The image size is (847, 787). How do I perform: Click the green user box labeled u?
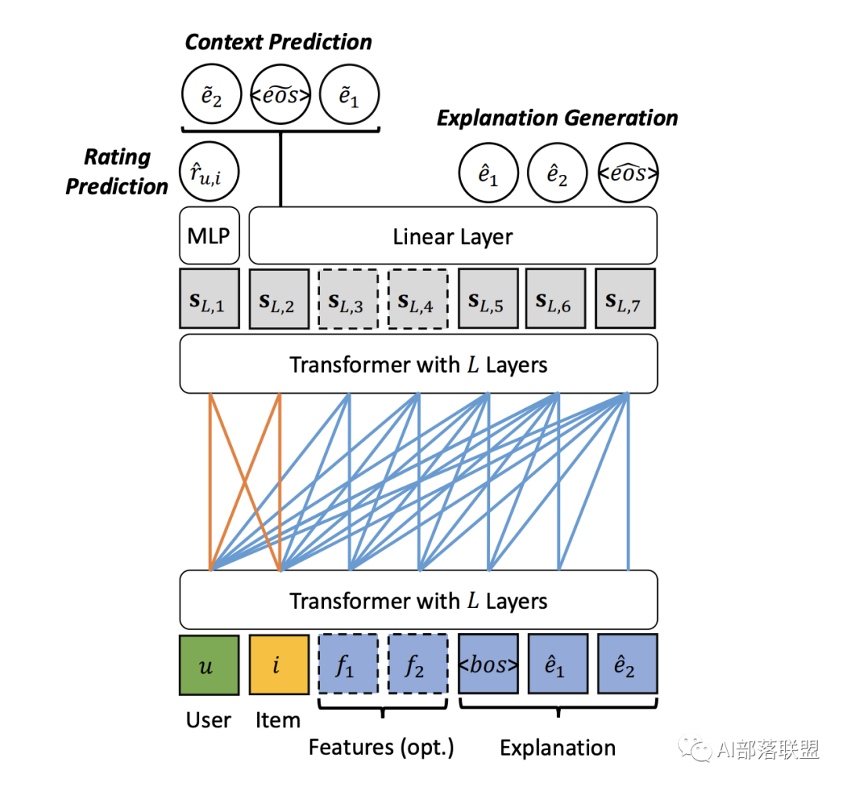[x=209, y=665]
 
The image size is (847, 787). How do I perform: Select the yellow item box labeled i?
[x=278, y=665]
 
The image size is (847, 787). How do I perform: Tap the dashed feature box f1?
[x=348, y=665]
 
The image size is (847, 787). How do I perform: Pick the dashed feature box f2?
[x=418, y=665]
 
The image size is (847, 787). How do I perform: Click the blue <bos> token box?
[x=488, y=665]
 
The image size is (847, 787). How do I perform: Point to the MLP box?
[x=210, y=235]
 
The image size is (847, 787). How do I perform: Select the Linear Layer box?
[x=453, y=235]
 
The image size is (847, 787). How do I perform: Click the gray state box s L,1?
[x=209, y=299]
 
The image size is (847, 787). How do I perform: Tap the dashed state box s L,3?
[x=348, y=299]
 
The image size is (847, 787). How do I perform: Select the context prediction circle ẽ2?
[x=211, y=96]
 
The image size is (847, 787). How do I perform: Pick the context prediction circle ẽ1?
[x=350, y=96]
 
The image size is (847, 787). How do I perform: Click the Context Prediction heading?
[x=278, y=42]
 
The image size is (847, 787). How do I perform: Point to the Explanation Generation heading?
[x=557, y=118]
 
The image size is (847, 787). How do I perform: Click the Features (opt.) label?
[x=381, y=746]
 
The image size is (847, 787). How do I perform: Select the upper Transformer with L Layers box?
[x=418, y=364]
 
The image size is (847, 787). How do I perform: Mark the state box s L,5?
[x=488, y=299]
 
